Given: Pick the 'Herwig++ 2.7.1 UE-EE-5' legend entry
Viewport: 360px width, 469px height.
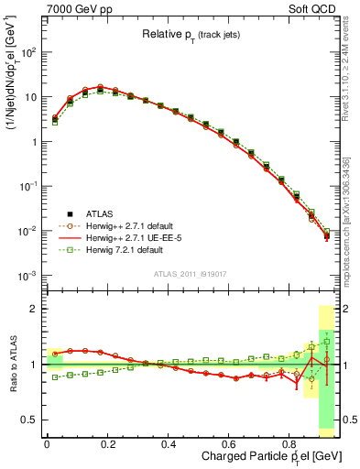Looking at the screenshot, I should (128, 237).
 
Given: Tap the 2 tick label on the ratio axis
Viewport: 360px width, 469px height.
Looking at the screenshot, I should (35, 309).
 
